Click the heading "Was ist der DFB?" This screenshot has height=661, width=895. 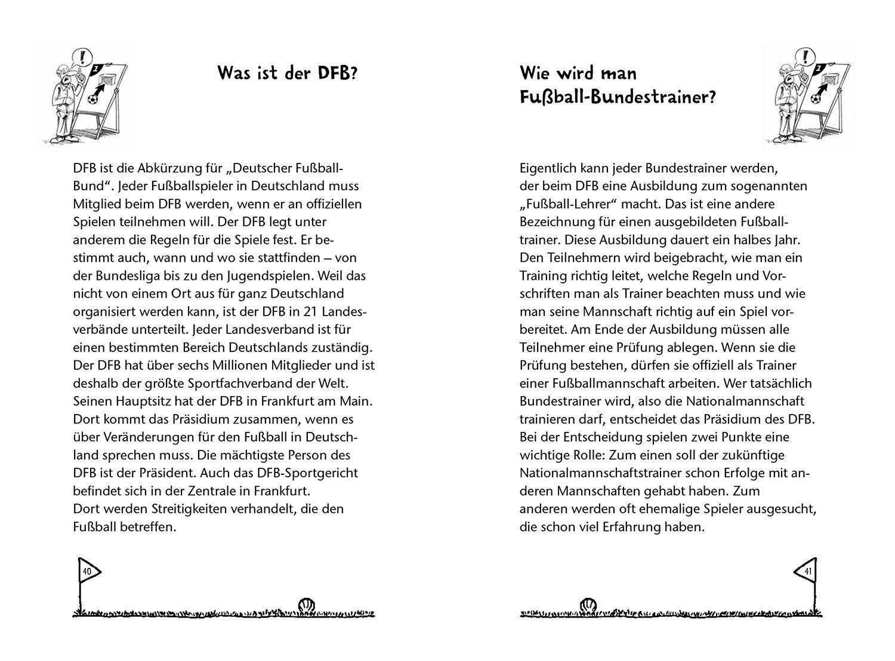(x=287, y=73)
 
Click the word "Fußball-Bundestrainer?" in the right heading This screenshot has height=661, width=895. (x=618, y=97)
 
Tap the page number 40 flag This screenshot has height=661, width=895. (x=87, y=572)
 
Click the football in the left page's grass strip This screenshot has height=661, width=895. (x=306, y=605)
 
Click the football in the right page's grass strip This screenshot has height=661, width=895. (x=588, y=605)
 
